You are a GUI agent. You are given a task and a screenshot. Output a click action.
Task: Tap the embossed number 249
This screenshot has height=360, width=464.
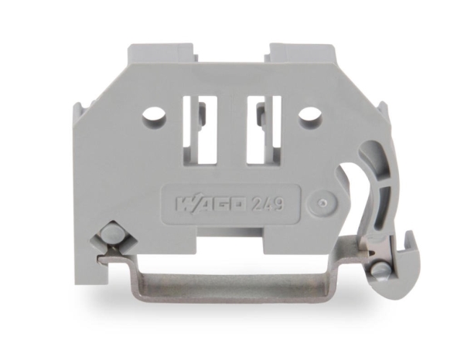coord(264,205)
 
